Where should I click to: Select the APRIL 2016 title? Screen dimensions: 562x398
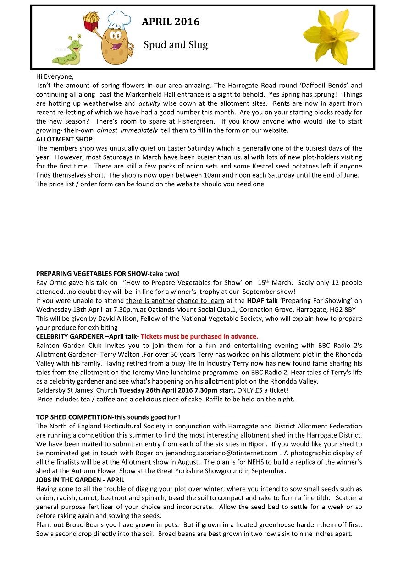(x=170, y=22)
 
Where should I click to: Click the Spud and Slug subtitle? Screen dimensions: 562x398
(x=176, y=45)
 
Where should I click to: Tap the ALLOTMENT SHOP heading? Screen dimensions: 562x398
(x=64, y=139)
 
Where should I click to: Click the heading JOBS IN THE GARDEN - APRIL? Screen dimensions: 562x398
(x=80, y=480)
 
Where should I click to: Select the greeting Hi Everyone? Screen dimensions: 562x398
(x=55, y=76)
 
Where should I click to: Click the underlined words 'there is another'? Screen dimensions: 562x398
(x=150, y=301)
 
